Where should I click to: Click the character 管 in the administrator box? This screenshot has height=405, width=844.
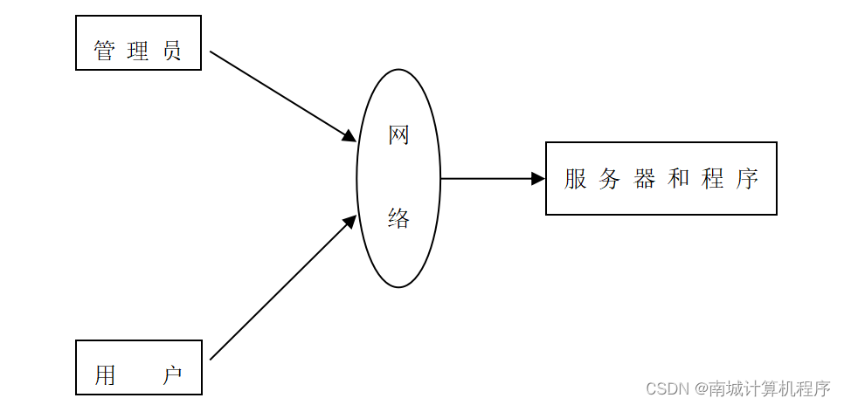[x=104, y=51]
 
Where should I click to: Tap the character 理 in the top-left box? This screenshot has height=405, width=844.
[x=138, y=51]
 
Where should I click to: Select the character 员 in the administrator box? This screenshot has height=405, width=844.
[x=172, y=51]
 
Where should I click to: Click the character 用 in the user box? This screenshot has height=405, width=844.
[x=105, y=375]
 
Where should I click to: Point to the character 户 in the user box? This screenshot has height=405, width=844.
[x=172, y=375]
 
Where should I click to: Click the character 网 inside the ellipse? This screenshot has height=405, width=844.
[x=398, y=135]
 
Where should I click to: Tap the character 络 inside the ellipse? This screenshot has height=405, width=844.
[x=398, y=219]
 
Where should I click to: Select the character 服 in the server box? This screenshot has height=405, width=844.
[x=576, y=179]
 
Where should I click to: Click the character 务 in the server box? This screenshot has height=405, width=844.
[x=610, y=179]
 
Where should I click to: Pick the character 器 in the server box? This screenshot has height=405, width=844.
[x=645, y=179]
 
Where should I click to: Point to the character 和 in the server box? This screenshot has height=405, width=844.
[x=679, y=179]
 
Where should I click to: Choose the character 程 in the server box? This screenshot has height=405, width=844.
[x=712, y=179]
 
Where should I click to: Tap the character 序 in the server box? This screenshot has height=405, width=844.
[x=746, y=179]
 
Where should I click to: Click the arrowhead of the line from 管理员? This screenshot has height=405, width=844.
[x=349, y=136]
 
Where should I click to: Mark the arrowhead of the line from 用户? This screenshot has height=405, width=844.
[x=349, y=221]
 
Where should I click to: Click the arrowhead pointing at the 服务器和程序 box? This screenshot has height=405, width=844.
[x=538, y=179]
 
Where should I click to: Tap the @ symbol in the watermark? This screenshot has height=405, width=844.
[x=700, y=387]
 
